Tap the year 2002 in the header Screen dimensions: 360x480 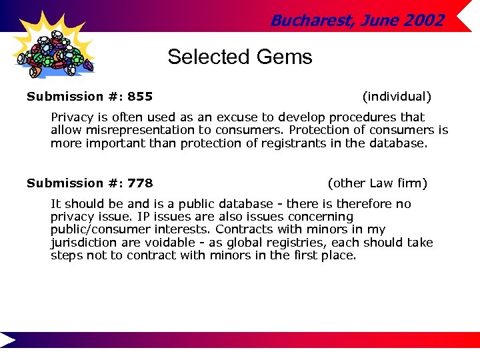coord(423,21)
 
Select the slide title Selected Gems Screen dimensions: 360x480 coord(239,57)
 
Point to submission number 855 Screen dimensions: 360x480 coord(140,97)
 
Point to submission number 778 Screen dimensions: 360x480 coord(140,183)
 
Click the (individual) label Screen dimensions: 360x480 coord(397,97)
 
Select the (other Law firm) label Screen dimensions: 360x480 coord(377,183)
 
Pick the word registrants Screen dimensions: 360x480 coord(297,143)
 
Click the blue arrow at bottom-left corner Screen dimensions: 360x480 coord(8,339)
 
